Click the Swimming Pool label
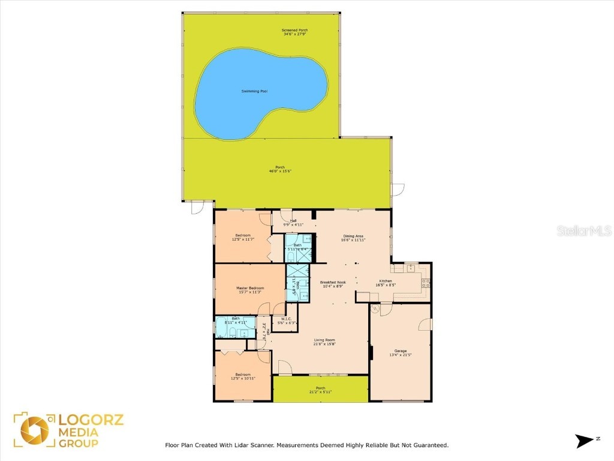point(254,91)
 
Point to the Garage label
point(401,351)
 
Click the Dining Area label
point(354,236)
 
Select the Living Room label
point(323,340)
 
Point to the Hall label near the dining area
point(294,220)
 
